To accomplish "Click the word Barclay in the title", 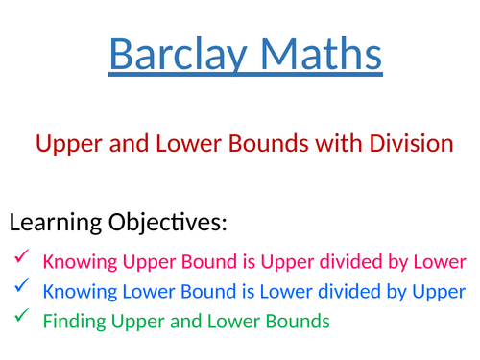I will coord(172,55).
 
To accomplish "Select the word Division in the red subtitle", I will coord(414,144).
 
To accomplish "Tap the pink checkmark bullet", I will coord(21,256).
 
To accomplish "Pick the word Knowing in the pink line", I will coord(78,260).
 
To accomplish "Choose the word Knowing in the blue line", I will coord(78,291).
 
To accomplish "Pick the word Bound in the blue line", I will coord(190,291).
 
